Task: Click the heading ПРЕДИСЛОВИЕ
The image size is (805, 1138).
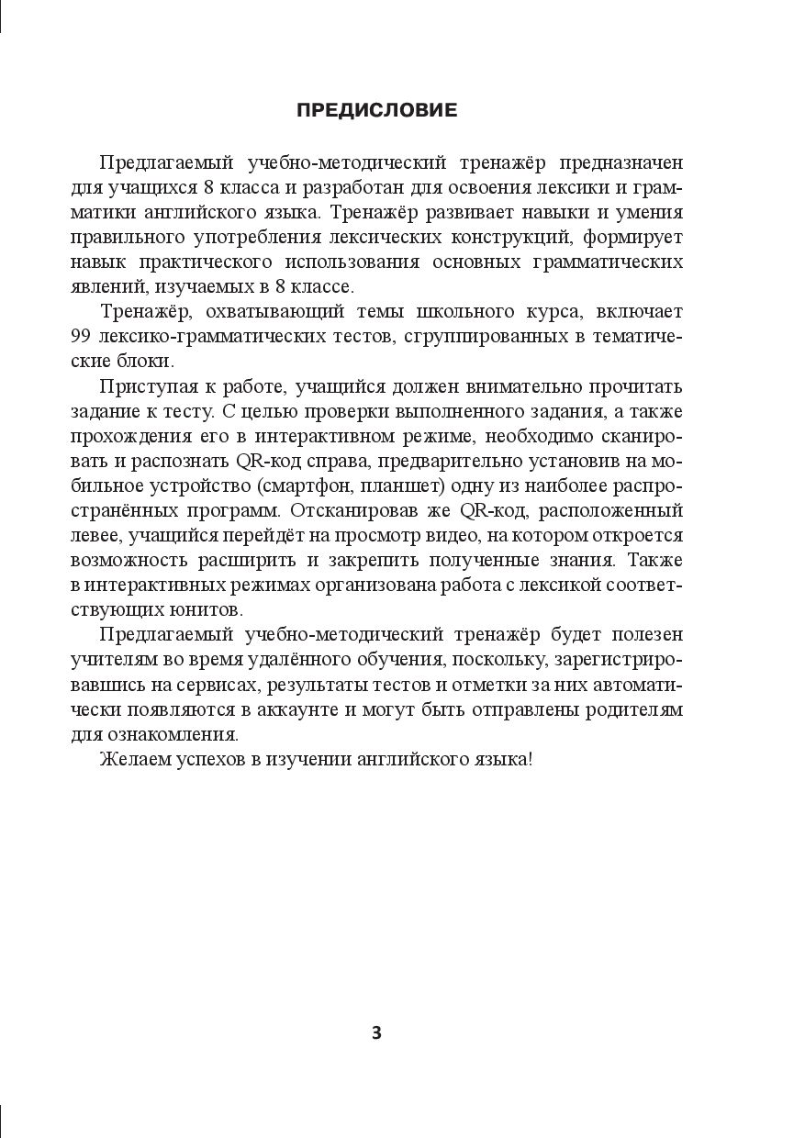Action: point(376,111)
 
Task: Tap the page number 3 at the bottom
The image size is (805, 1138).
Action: point(376,1032)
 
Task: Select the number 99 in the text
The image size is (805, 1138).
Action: point(83,337)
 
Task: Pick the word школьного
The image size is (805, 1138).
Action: point(421,312)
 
